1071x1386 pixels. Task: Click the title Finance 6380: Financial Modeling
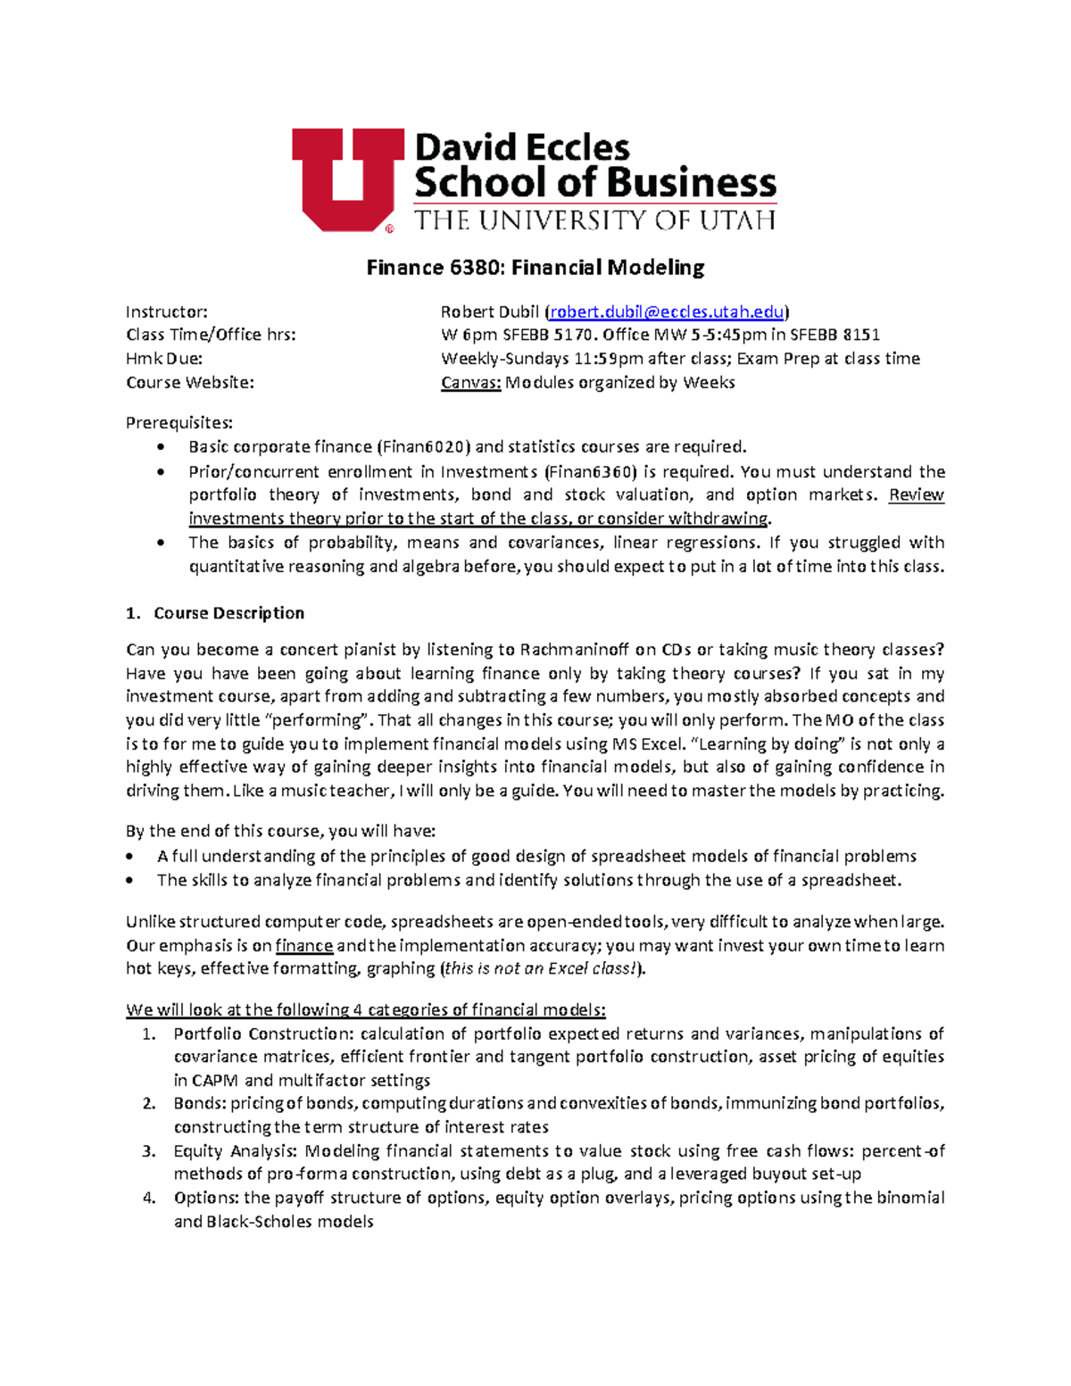click(x=535, y=267)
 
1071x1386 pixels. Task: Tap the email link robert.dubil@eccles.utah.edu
click(x=667, y=311)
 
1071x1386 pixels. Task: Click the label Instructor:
click(x=167, y=311)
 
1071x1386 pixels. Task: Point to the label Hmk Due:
click(x=164, y=359)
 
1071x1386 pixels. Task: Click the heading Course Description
click(x=228, y=613)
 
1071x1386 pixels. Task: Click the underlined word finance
click(x=304, y=946)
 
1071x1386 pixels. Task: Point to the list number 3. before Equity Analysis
click(x=149, y=1151)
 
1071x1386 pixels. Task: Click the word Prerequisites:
click(x=179, y=423)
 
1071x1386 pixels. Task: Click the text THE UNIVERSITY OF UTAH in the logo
click(x=595, y=220)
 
